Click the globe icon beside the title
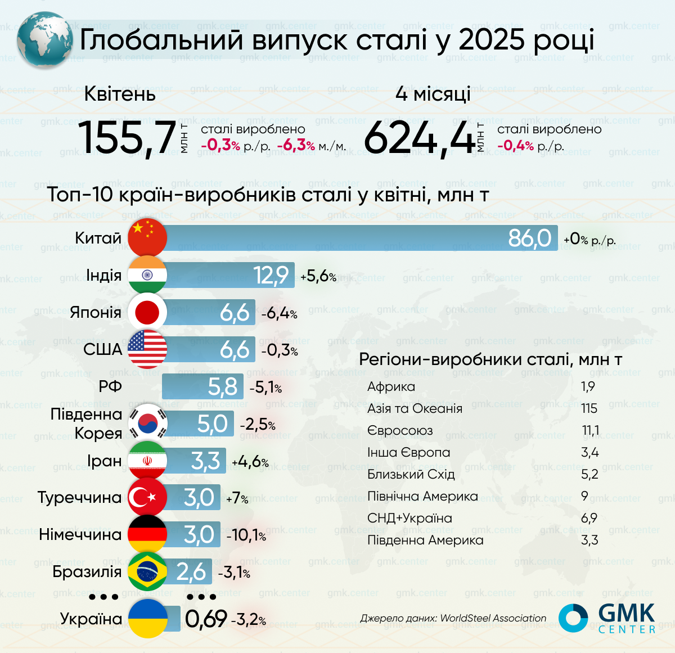pos(44,40)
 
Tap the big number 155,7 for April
pos(127,137)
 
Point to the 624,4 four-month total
pos(420,137)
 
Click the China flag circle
pos(147,237)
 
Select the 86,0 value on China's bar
pos(529,238)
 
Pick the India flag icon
pos(147,275)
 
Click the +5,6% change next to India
pos(318,276)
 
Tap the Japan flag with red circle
pos(147,312)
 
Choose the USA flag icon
pos(147,349)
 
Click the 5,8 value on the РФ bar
pos(223,386)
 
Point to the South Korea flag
pos(148,423)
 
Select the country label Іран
pos(105,461)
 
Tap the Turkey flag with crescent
pos(147,497)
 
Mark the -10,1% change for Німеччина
pos(246,535)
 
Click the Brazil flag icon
pos(147,571)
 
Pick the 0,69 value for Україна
pos(206,619)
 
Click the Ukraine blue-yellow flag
pos(148,619)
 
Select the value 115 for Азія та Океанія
pos(589,408)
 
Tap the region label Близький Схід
pos(411,474)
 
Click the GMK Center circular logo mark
pos(573,618)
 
